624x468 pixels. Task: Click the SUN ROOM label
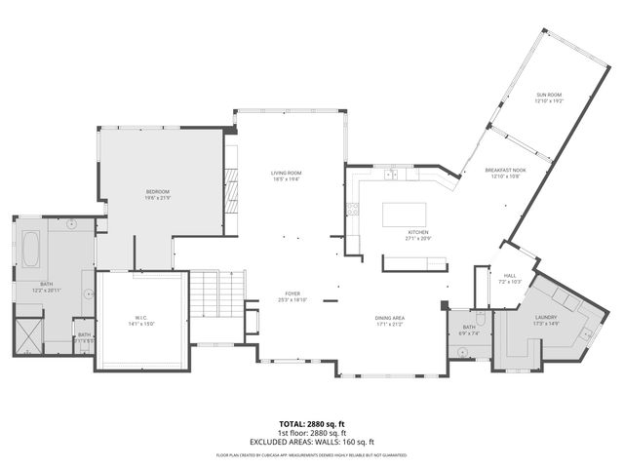click(x=549, y=96)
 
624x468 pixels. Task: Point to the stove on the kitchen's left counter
click(x=353, y=209)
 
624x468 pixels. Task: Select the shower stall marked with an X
click(x=28, y=332)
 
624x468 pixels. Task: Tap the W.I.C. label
click(x=142, y=319)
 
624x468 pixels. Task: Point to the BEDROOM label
click(x=158, y=191)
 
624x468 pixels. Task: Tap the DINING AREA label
click(x=390, y=319)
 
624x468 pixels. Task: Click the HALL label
click(x=509, y=276)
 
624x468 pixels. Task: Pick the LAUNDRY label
click(x=545, y=317)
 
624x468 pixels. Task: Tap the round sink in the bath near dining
click(x=462, y=351)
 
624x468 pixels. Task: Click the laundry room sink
click(x=587, y=333)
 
